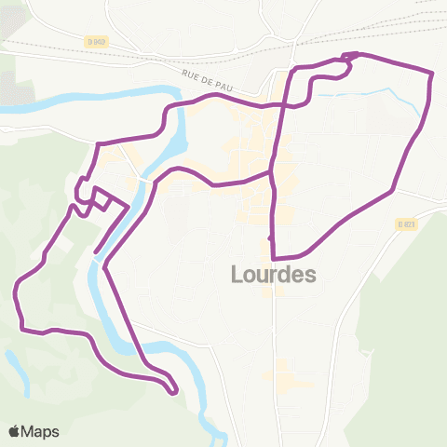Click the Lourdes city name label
[x=273, y=274]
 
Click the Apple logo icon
[x=15, y=431]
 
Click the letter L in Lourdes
[x=236, y=274]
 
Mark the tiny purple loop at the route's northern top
[x=348, y=59]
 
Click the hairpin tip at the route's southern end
[x=174, y=391]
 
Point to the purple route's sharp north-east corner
[x=431, y=74]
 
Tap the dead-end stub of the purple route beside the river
[x=97, y=250]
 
